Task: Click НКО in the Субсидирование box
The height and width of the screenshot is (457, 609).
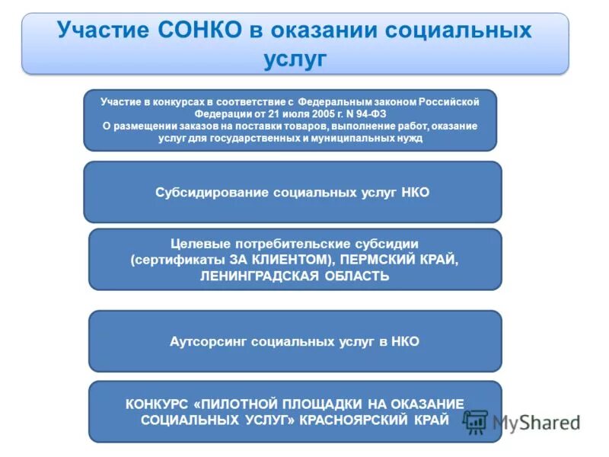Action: click(x=414, y=193)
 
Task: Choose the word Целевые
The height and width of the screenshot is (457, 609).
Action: click(x=199, y=244)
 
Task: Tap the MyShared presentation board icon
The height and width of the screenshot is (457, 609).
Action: click(x=476, y=422)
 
